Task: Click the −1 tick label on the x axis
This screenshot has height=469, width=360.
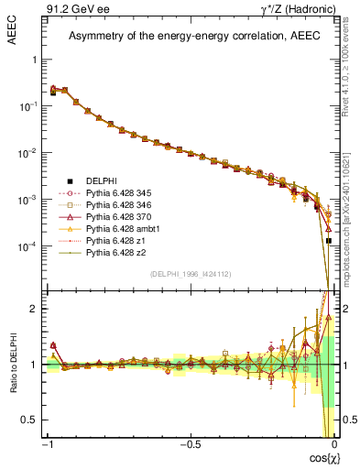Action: tap(48, 443)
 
